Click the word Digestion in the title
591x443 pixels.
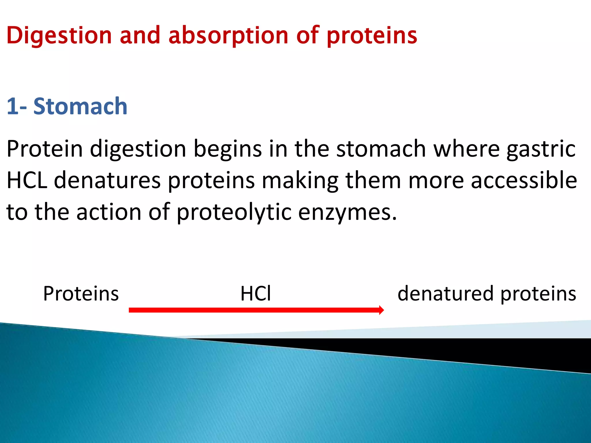tap(59, 35)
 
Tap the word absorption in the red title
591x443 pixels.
tap(228, 35)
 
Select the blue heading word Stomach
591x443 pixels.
tap(80, 106)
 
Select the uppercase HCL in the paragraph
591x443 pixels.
tap(27, 180)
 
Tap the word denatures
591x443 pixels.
tap(107, 180)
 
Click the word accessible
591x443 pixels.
tap(524, 180)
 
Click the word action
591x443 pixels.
tap(109, 212)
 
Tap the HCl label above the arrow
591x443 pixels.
tap(256, 294)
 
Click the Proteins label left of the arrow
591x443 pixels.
tap(81, 294)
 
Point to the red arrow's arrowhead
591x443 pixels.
tap(381, 310)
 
